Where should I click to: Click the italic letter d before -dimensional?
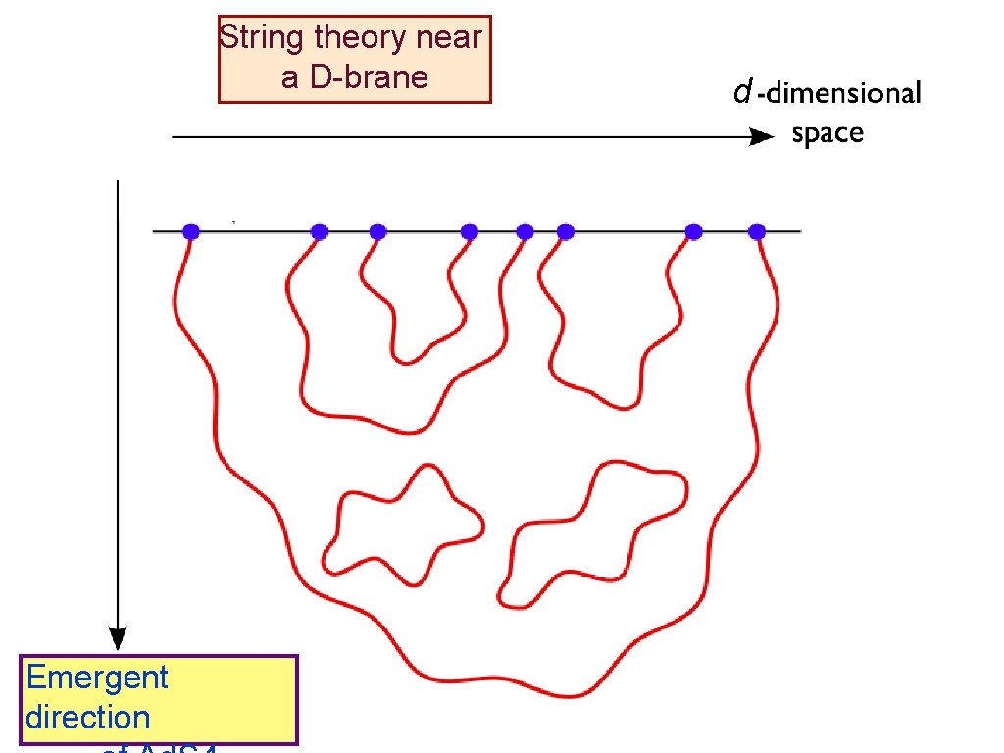[742, 93]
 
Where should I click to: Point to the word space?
[828, 133]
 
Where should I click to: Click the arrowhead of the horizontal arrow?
[763, 137]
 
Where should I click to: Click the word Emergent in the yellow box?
[97, 678]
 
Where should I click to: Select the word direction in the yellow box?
[88, 718]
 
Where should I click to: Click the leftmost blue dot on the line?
[191, 232]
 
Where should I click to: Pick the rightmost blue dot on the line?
[757, 232]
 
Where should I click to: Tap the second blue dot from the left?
[319, 232]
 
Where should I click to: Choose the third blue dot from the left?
[377, 232]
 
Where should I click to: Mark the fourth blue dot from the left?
[470, 232]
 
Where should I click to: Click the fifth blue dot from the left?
[525, 232]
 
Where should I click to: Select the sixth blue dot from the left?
[565, 232]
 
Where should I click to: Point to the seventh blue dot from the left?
[694, 232]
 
